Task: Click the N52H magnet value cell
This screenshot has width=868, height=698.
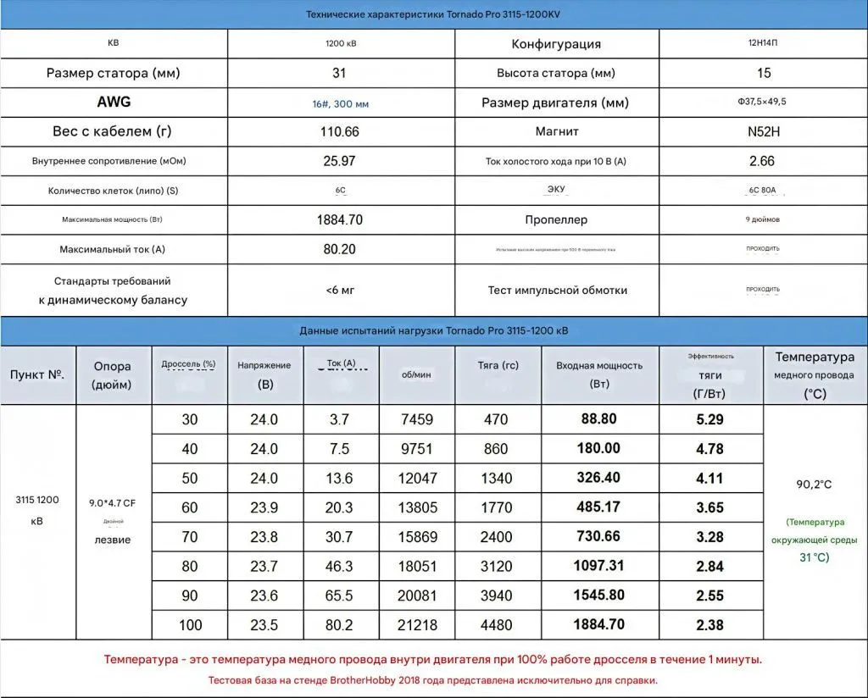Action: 762,131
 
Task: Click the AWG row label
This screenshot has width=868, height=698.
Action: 114,102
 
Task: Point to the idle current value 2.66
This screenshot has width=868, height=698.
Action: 762,161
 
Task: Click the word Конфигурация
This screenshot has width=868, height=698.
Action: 556,44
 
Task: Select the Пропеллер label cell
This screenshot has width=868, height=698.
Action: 556,219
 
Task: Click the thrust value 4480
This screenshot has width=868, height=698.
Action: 496,625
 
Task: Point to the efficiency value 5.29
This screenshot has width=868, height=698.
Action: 709,419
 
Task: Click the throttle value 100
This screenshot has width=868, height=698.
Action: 190,625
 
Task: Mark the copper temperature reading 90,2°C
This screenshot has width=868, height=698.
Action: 813,485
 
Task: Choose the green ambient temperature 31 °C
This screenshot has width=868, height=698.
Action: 814,557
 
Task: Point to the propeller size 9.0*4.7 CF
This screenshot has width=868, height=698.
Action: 113,503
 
